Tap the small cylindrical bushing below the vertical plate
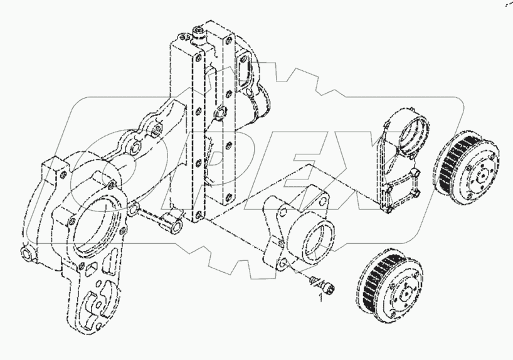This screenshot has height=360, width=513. (x=170, y=220)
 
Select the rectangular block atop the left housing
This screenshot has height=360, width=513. (x=53, y=173)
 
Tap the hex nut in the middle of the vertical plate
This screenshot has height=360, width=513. (x=218, y=114)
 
